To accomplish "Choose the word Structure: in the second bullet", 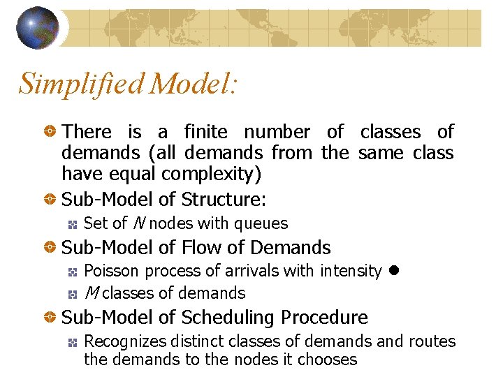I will [x=224, y=200].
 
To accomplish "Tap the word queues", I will [x=261, y=224].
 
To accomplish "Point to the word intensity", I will [x=351, y=271].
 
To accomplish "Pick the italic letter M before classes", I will [x=90, y=293].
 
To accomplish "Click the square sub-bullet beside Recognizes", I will [x=71, y=342].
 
